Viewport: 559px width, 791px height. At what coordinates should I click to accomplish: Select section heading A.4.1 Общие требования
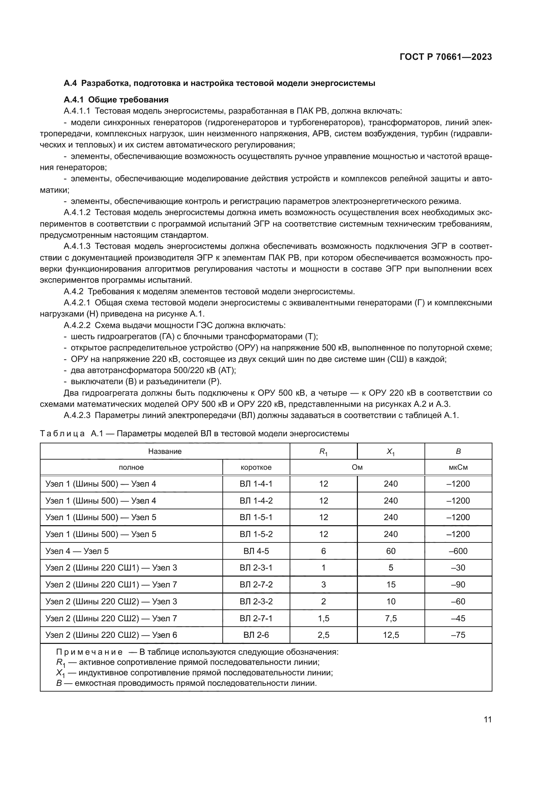[x=116, y=100]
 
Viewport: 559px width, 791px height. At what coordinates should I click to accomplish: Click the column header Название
[x=165, y=451]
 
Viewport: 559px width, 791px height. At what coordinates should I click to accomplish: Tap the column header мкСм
[x=458, y=467]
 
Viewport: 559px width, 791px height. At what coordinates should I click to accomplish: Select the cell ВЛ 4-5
[x=256, y=551]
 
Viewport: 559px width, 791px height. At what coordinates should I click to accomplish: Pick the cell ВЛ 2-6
[x=256, y=635]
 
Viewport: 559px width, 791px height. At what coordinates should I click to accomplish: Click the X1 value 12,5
[x=391, y=635]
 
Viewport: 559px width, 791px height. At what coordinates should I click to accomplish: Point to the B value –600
[x=458, y=551]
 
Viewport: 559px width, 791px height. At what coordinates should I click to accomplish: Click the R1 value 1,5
[x=323, y=619]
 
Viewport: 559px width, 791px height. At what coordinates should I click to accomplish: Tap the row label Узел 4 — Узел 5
[x=77, y=551]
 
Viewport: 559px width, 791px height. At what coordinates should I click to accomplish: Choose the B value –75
[x=458, y=635]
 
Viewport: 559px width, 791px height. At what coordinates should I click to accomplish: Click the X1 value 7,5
[x=391, y=619]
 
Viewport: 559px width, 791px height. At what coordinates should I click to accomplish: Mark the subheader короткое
[x=256, y=467]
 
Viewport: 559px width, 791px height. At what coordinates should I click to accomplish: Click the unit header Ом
[x=357, y=467]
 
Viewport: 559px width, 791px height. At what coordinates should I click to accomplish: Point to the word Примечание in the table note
[x=89, y=652]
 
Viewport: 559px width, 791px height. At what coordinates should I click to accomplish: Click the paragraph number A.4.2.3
[x=77, y=416]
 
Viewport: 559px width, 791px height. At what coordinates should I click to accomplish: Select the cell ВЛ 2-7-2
[x=256, y=585]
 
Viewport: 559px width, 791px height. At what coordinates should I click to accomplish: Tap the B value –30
[x=458, y=568]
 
